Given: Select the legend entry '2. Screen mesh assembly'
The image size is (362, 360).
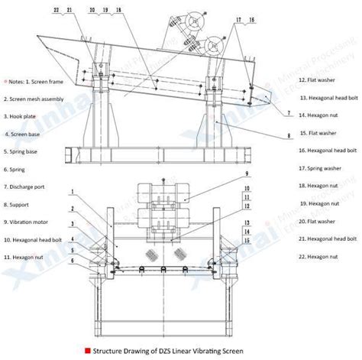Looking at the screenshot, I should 37,99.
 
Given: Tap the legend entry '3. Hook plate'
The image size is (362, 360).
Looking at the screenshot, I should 22,116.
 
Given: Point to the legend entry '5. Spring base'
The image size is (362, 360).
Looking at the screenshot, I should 24,151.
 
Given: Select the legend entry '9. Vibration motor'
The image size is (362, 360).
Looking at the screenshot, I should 29,222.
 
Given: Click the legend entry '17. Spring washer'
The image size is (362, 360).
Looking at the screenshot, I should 321,168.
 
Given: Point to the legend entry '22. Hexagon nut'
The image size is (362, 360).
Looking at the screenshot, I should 320,256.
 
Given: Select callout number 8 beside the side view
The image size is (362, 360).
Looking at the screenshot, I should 289,136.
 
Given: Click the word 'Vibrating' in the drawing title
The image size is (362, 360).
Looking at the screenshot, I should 229,350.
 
